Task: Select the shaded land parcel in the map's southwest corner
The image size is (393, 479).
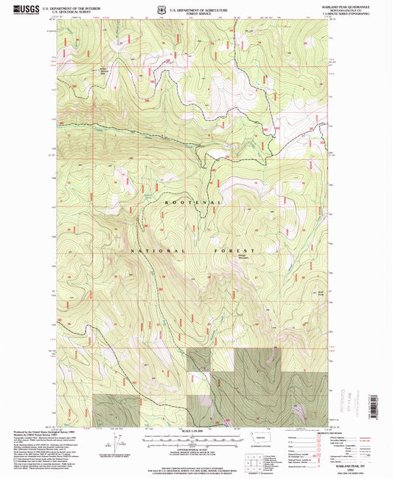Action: (116, 410)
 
